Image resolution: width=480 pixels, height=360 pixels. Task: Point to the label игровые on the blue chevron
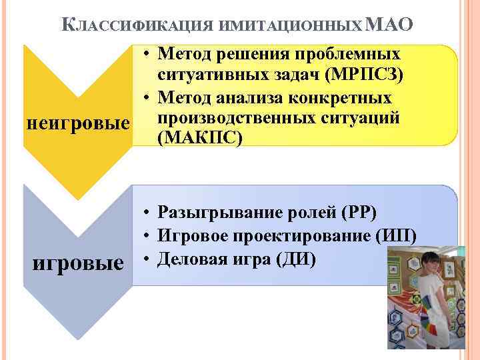[x=79, y=263]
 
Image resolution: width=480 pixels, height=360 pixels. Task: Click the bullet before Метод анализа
[x=145, y=98]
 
